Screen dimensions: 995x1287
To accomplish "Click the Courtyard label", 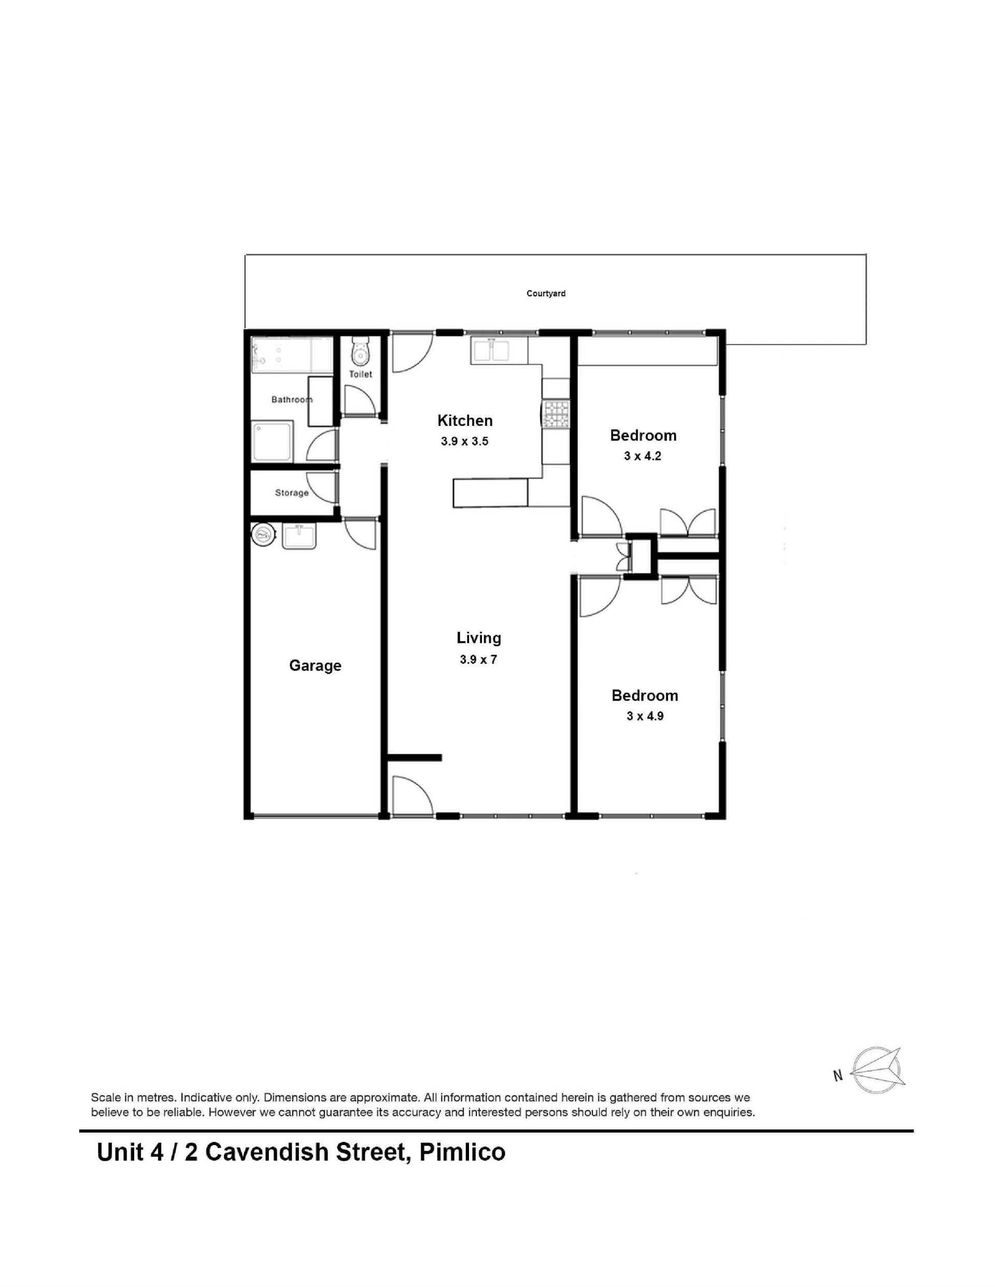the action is [x=546, y=293].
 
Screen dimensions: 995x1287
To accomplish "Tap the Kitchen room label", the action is [x=464, y=420].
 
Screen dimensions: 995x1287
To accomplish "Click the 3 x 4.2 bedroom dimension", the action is [x=643, y=455].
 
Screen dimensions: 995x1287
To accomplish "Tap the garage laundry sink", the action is [x=300, y=537].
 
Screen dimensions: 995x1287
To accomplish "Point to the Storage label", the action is [x=292, y=493].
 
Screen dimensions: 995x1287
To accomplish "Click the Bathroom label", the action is [x=291, y=399].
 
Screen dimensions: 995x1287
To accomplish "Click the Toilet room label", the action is [x=360, y=374].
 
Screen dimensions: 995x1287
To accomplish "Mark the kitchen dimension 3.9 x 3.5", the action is [x=464, y=441].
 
